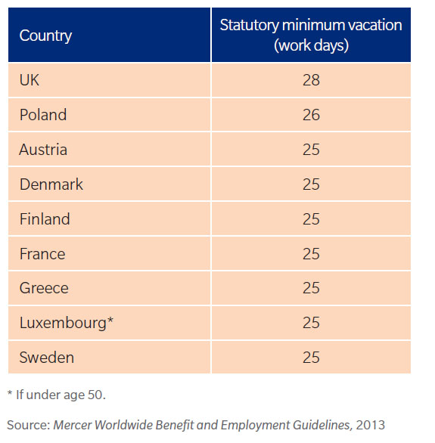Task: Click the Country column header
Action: pos(45,36)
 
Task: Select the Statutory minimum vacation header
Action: pos(311,35)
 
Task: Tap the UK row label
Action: pos(29,80)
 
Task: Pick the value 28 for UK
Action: pos(311,80)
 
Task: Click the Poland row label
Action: pos(43,115)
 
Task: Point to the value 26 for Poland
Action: pos(311,115)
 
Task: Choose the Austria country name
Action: pos(43,150)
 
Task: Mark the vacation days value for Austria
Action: pos(311,150)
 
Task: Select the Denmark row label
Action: pos(51,184)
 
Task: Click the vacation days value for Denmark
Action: pos(311,184)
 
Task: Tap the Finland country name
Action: pos(45,219)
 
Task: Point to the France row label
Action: pos(42,254)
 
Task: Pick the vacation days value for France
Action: pos(311,254)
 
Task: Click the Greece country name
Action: pos(44,288)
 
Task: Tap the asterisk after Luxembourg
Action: pos(110,321)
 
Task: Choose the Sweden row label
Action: pos(47,358)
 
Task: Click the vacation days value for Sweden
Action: pos(311,358)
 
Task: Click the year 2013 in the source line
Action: pos(371,425)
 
